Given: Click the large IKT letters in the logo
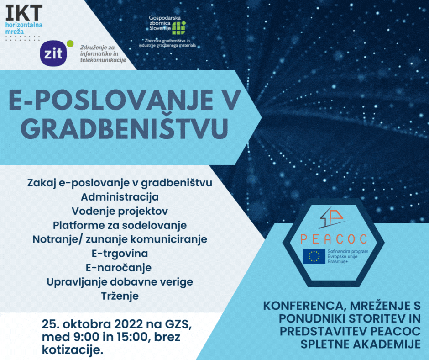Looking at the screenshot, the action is pyautogui.click(x=24, y=13).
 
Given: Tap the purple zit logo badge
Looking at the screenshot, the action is pyautogui.click(x=53, y=53).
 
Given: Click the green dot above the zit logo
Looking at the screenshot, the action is pyautogui.click(x=70, y=43).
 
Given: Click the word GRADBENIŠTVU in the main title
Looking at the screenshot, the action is pyautogui.click(x=125, y=127).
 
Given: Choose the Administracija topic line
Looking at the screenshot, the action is pyautogui.click(x=120, y=197).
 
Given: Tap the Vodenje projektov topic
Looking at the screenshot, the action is pyautogui.click(x=120, y=211).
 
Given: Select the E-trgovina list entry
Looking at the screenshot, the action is pyautogui.click(x=120, y=254).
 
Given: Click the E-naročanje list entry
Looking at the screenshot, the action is pyautogui.click(x=119, y=268).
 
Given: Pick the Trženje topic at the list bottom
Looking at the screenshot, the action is pyautogui.click(x=120, y=296).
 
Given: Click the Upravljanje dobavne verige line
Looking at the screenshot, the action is pyautogui.click(x=120, y=282).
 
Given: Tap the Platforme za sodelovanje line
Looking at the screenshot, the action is pyautogui.click(x=120, y=226).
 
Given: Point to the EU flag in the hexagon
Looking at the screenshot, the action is pyautogui.click(x=314, y=256).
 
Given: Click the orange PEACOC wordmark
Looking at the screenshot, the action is pyautogui.click(x=334, y=239).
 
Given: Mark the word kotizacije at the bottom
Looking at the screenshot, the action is pyautogui.click(x=73, y=349).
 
